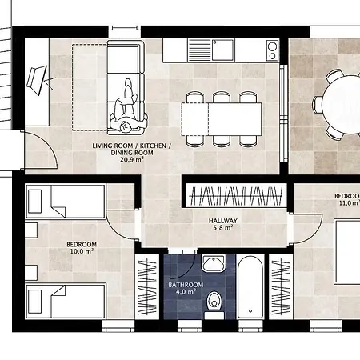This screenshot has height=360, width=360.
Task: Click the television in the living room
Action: pos(37,80)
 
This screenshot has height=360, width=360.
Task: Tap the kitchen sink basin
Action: pos(223,50)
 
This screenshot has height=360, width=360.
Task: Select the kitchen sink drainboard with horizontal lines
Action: pos(199,50)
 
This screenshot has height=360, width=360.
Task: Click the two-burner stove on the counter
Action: pos(272,50)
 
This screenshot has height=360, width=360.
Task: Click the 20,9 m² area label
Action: pos(132,159)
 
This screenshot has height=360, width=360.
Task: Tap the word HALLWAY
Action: pos(223,221)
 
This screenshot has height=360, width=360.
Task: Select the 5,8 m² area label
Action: pos(223,228)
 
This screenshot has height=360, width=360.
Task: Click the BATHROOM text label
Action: pos(186,285)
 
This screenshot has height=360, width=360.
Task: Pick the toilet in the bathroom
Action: pos(214,302)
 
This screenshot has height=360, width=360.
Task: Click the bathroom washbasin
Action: pos(214,263)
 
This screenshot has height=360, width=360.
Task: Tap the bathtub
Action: pos(250,287)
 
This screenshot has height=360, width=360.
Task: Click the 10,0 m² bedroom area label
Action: pos(82,251)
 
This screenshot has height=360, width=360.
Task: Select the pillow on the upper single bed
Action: pos(34,202)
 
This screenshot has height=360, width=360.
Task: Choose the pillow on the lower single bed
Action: pos(34,302)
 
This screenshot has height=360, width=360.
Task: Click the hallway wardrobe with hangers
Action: pos(236,196)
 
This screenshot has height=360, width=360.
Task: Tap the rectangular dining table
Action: pos(222,119)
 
